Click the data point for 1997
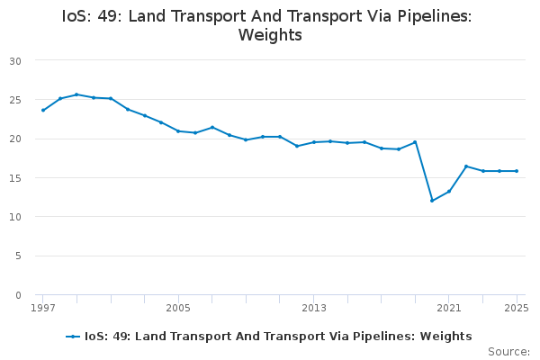(x=43, y=111)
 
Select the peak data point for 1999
(x=76, y=94)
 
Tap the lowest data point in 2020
(x=432, y=201)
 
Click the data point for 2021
(x=449, y=191)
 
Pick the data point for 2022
(x=466, y=166)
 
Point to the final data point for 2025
(x=517, y=171)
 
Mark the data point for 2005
(x=178, y=131)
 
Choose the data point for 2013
(x=314, y=142)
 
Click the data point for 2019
(x=415, y=142)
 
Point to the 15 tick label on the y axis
(x=16, y=178)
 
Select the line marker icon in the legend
(x=74, y=337)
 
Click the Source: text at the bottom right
(x=508, y=352)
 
